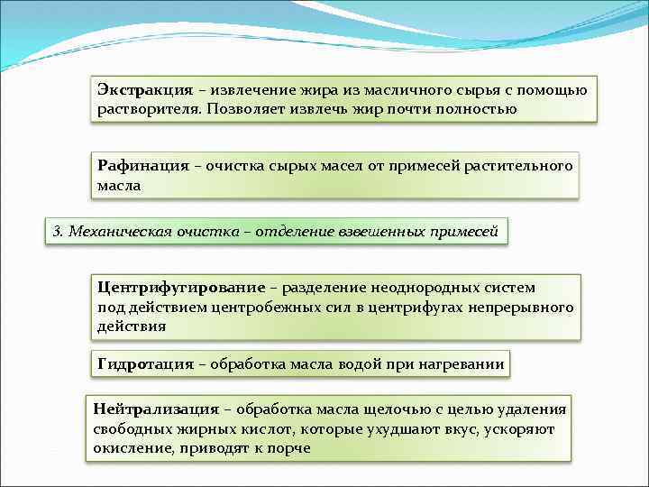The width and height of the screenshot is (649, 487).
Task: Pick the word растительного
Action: [x=518, y=166]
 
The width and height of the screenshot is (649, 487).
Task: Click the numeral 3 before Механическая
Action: [x=57, y=231]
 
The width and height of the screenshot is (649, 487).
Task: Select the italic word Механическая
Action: [x=112, y=231]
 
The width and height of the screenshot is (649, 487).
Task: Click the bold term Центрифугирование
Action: [x=181, y=288]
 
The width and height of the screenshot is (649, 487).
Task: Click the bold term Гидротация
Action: [x=145, y=364]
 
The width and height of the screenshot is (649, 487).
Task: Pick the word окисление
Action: [x=130, y=448]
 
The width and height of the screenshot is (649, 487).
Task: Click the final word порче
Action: [x=289, y=448]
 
